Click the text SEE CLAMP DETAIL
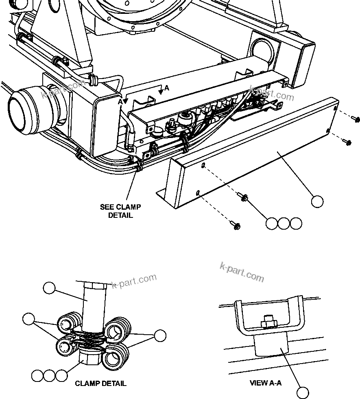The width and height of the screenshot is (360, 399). (x=120, y=211)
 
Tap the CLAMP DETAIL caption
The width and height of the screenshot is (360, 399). (x=100, y=383)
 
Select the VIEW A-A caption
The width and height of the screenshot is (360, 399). (x=265, y=383)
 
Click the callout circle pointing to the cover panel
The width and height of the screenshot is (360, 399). (x=317, y=201)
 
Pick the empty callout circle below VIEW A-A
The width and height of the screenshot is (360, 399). (x=303, y=392)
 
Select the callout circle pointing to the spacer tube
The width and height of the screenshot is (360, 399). (x=49, y=288)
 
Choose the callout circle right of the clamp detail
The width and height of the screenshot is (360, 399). (x=160, y=335)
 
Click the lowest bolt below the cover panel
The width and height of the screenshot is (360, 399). (x=236, y=225)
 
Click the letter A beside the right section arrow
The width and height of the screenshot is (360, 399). (x=167, y=88)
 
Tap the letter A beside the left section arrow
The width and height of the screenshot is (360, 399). (x=120, y=101)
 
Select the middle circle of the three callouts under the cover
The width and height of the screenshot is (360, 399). (x=284, y=223)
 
